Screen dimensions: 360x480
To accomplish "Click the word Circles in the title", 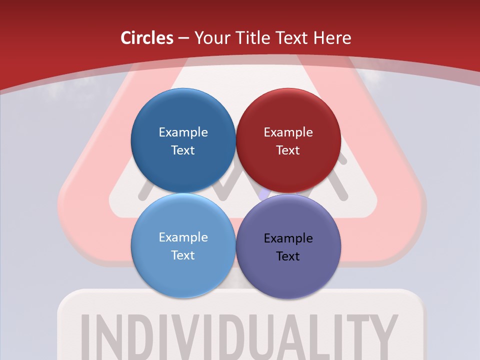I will (147, 38).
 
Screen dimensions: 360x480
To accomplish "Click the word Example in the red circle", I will (288, 132).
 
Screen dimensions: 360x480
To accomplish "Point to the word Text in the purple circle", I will (288, 256).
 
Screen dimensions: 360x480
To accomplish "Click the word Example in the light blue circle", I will (183, 237).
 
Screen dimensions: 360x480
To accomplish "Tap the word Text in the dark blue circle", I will (183, 150).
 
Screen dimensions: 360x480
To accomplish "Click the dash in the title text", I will (183, 38).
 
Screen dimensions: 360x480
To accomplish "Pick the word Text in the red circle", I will (288, 150).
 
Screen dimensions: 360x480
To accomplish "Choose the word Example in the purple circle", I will (288, 238).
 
